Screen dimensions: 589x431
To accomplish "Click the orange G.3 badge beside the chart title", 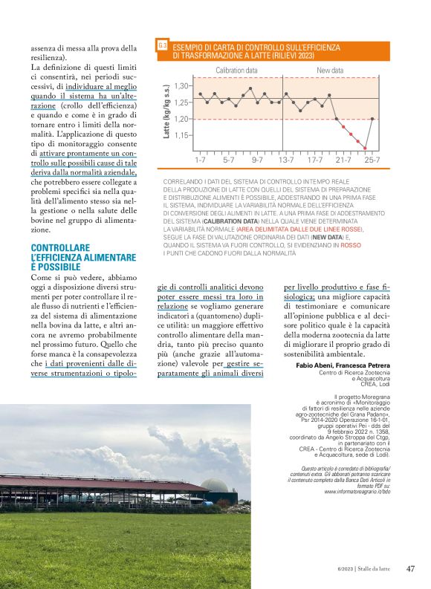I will pyautogui.click(x=162, y=47).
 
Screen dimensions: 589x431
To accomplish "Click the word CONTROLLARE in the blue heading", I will pyautogui.click(x=60, y=247).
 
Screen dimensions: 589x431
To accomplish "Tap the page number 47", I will pyautogui.click(x=410, y=569).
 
